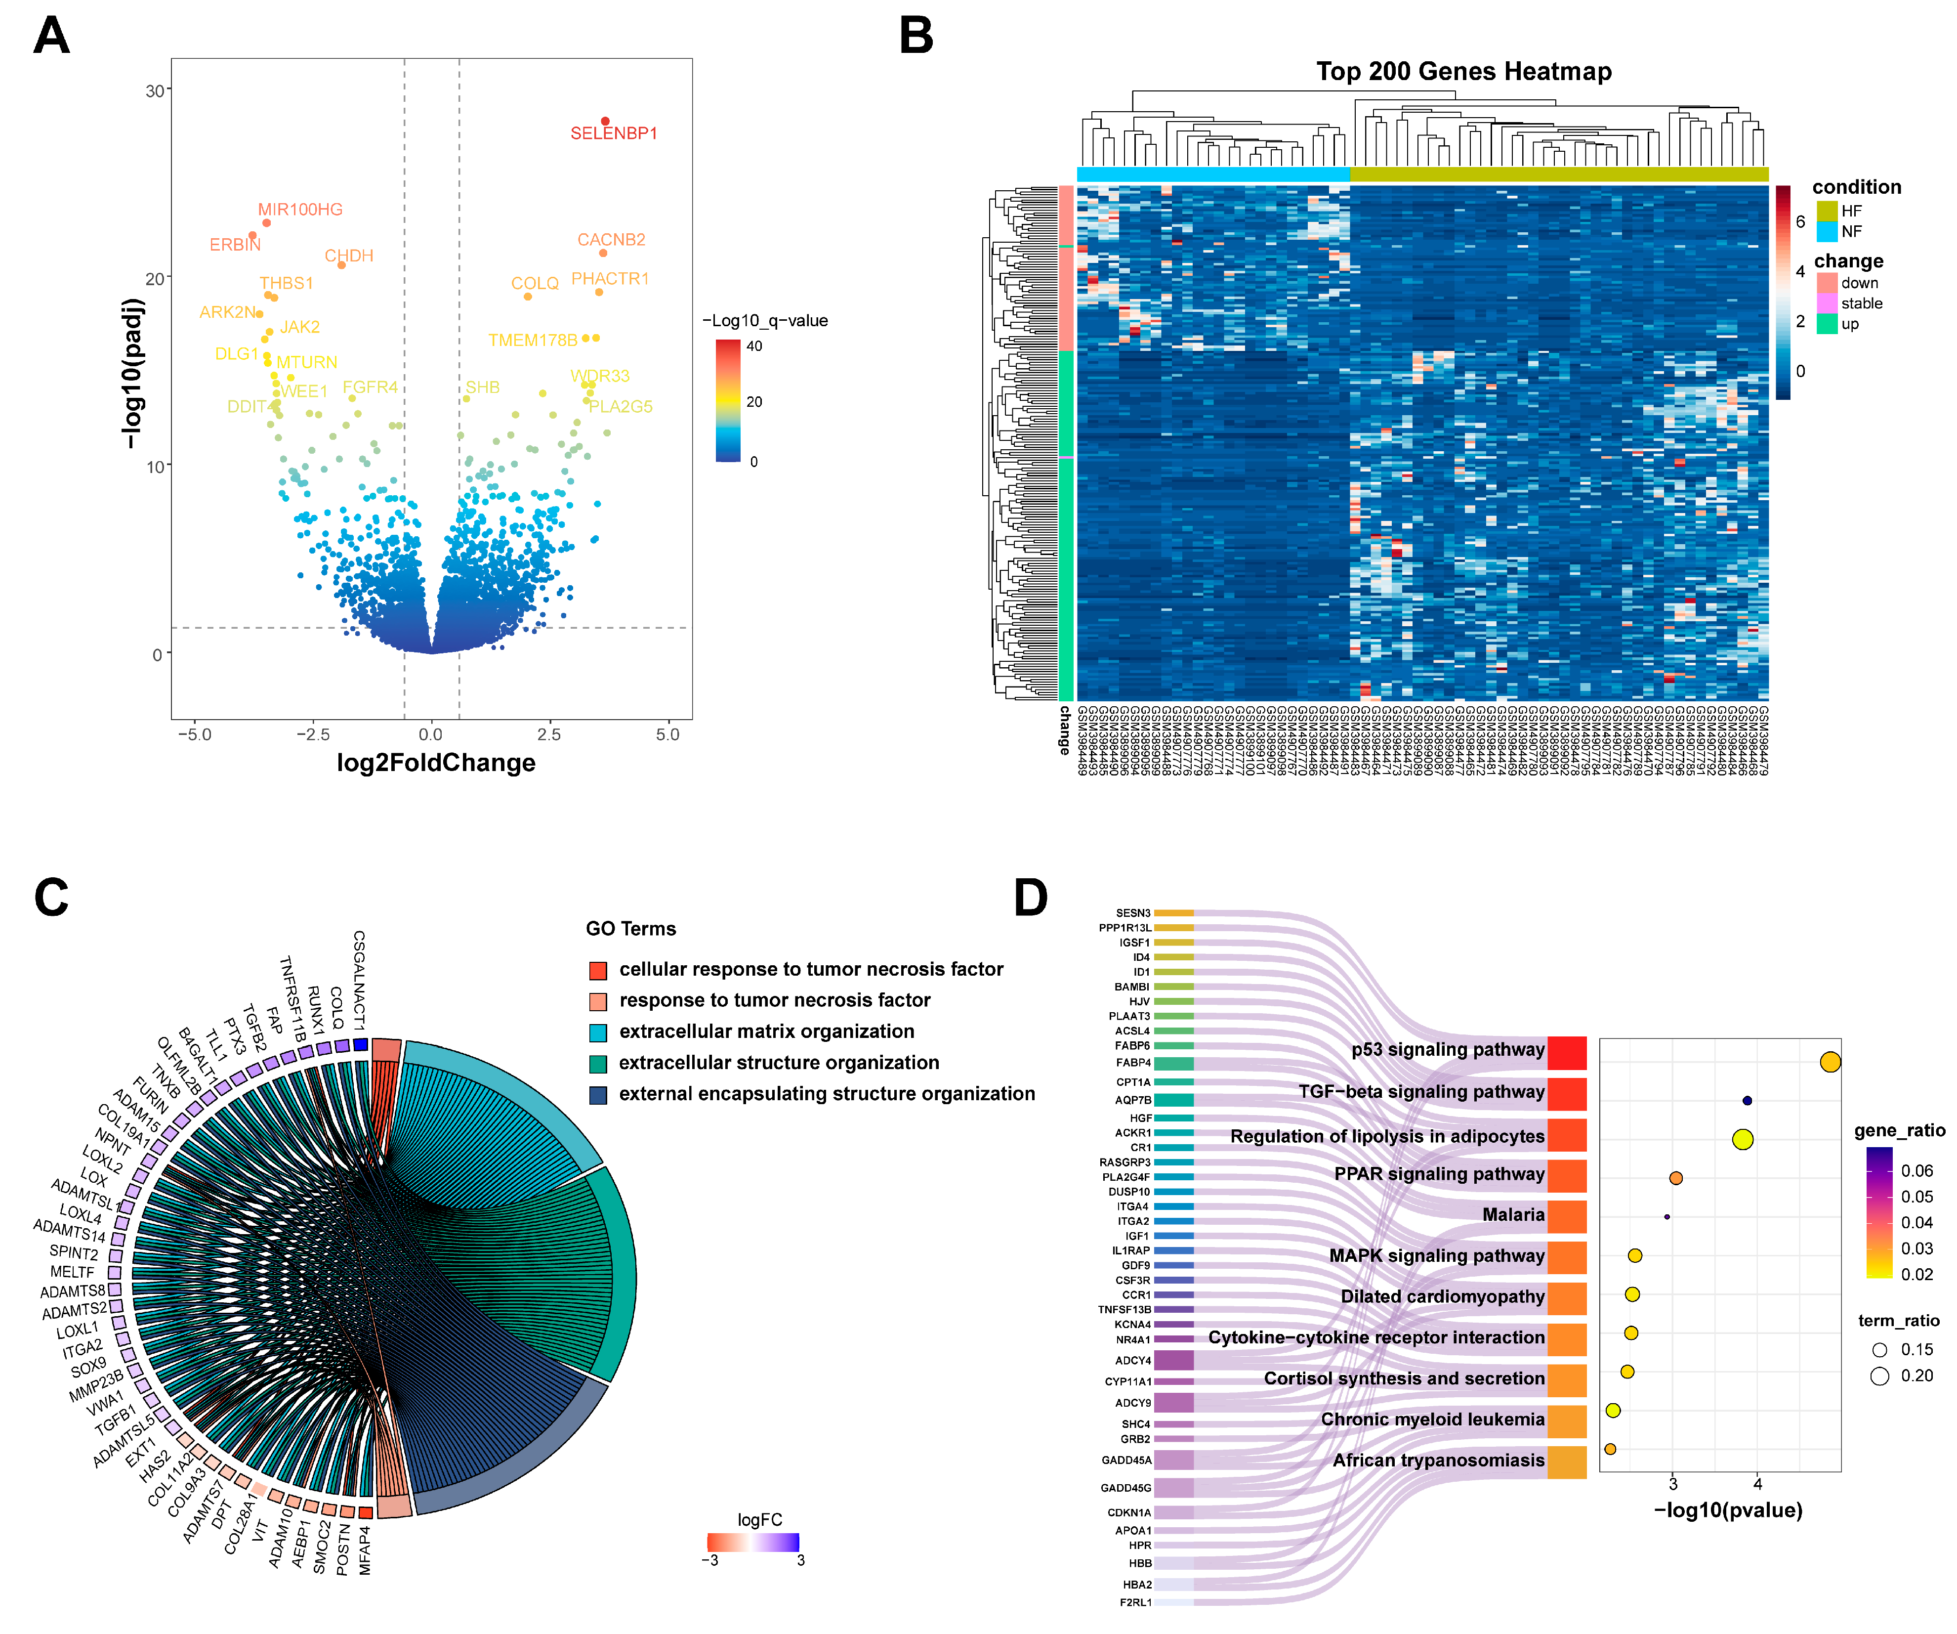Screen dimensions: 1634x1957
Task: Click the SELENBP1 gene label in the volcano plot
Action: point(613,133)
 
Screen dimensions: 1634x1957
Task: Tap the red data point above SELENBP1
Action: point(605,121)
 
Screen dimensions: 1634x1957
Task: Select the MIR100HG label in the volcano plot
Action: point(300,210)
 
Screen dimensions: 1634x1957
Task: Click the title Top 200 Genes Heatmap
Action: point(1463,72)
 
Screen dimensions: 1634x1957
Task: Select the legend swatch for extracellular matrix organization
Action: point(598,1033)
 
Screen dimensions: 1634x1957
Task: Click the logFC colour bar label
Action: point(759,1519)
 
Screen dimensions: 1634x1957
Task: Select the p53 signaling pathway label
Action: point(1447,1050)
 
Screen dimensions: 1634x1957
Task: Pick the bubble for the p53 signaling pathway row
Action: point(1830,1062)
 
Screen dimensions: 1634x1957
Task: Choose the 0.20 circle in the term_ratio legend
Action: point(1879,1376)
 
